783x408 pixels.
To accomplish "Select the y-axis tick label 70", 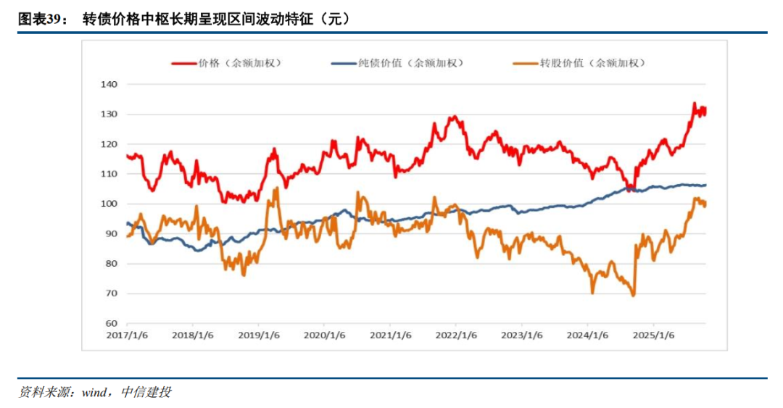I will pyautogui.click(x=109, y=293).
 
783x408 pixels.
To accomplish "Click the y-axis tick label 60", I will pyautogui.click(x=109, y=323).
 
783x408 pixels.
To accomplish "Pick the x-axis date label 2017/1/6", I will pyautogui.click(x=127, y=336).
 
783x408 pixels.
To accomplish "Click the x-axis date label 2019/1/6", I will pyautogui.click(x=259, y=336).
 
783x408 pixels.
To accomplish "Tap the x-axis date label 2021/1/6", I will pyautogui.click(x=391, y=336).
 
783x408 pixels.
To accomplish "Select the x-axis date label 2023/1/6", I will pyautogui.click(x=522, y=336).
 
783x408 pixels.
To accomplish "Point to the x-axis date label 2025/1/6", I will pyautogui.click(x=654, y=336).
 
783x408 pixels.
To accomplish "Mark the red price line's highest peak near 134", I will pyautogui.click(x=694, y=104).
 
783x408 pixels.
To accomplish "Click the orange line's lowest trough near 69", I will pyautogui.click(x=633, y=295).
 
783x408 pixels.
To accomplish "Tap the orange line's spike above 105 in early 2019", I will pyautogui.click(x=275, y=188).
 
